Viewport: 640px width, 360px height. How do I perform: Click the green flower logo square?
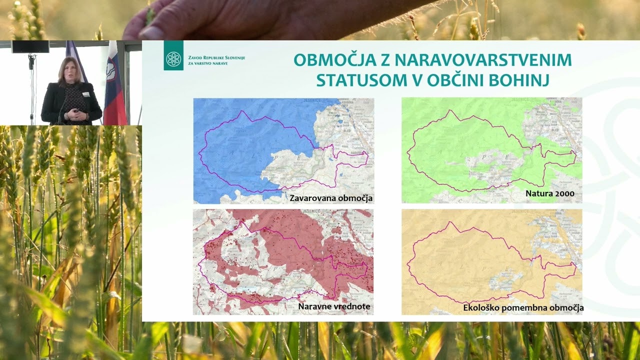click(x=173, y=55)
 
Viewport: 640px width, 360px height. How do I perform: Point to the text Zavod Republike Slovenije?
click(x=216, y=58)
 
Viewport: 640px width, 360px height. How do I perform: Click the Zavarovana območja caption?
click(x=331, y=198)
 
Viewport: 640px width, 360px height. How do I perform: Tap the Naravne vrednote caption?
click(x=334, y=306)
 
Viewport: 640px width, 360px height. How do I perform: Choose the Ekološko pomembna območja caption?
click(x=523, y=307)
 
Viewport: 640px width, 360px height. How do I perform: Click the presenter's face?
click(x=69, y=70)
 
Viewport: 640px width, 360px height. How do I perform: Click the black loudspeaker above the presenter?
click(x=30, y=46)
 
